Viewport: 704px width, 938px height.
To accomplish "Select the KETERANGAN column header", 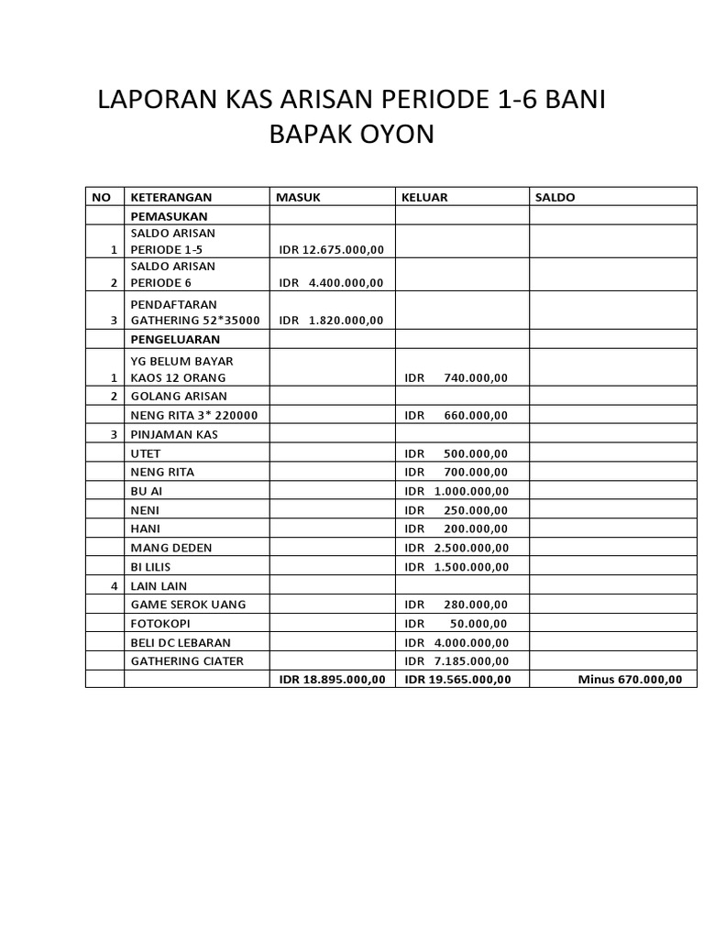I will coord(171,197).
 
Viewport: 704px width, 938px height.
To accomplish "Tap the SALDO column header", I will coord(555,197).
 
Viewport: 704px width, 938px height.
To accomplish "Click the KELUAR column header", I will coord(426,197).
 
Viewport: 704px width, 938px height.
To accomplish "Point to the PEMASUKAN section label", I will coord(169,216).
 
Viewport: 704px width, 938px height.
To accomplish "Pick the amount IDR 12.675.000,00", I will coord(331,249).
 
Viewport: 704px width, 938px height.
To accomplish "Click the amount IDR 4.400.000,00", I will coord(331,282).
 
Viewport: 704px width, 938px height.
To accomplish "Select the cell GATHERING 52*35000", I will coord(195,320).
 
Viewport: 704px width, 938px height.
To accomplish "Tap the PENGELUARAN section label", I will coord(176,339).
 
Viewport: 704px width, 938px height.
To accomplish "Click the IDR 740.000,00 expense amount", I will coord(456,377).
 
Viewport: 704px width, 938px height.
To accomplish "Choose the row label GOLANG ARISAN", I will coord(179,396).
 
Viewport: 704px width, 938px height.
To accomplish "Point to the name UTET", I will coord(146,453).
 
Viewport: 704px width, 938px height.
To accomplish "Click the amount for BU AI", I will coord(456,491).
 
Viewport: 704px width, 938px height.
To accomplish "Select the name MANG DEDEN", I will coord(171,548).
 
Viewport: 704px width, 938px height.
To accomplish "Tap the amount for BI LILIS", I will coord(456,567).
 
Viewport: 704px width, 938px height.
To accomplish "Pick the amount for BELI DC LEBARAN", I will coord(456,642).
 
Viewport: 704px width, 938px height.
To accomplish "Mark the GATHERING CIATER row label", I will coord(188,660).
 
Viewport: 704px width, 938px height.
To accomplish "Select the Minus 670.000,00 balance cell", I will coord(630,679).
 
